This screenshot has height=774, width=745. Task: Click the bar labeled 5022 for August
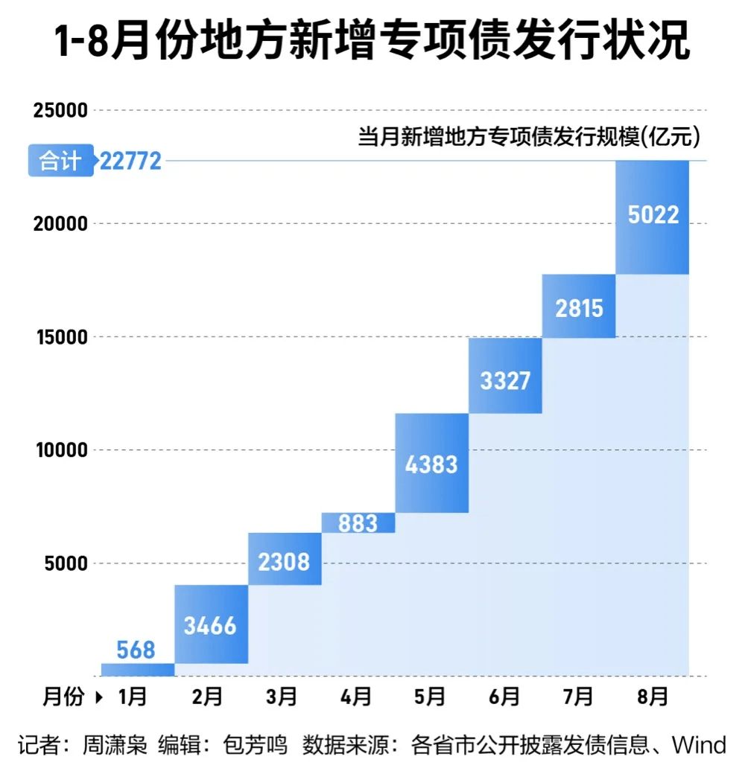pyautogui.click(x=653, y=217)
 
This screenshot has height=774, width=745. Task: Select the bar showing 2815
pyautogui.click(x=579, y=306)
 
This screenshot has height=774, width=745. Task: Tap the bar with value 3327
pyautogui.click(x=505, y=376)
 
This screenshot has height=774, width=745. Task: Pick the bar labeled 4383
pyautogui.click(x=431, y=463)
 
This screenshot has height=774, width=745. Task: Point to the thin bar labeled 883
pyautogui.click(x=358, y=523)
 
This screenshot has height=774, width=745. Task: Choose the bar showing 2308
pyautogui.click(x=284, y=559)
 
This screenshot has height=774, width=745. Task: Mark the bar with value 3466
pyautogui.click(x=211, y=624)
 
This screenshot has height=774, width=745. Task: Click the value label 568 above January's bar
pyautogui.click(x=136, y=650)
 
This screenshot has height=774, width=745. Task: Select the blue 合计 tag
pyautogui.click(x=60, y=160)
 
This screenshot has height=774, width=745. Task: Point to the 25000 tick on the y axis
pyautogui.click(x=60, y=111)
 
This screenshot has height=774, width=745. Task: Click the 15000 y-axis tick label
pyautogui.click(x=60, y=337)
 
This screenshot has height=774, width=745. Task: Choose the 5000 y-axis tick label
pyautogui.click(x=66, y=563)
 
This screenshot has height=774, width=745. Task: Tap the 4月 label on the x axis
pyautogui.click(x=356, y=697)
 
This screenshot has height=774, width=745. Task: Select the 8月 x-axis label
pyautogui.click(x=653, y=697)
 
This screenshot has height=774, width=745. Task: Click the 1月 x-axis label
pyautogui.click(x=133, y=697)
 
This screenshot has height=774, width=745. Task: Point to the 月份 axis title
pyautogui.click(x=63, y=697)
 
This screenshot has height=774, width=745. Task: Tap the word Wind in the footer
pyautogui.click(x=698, y=745)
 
